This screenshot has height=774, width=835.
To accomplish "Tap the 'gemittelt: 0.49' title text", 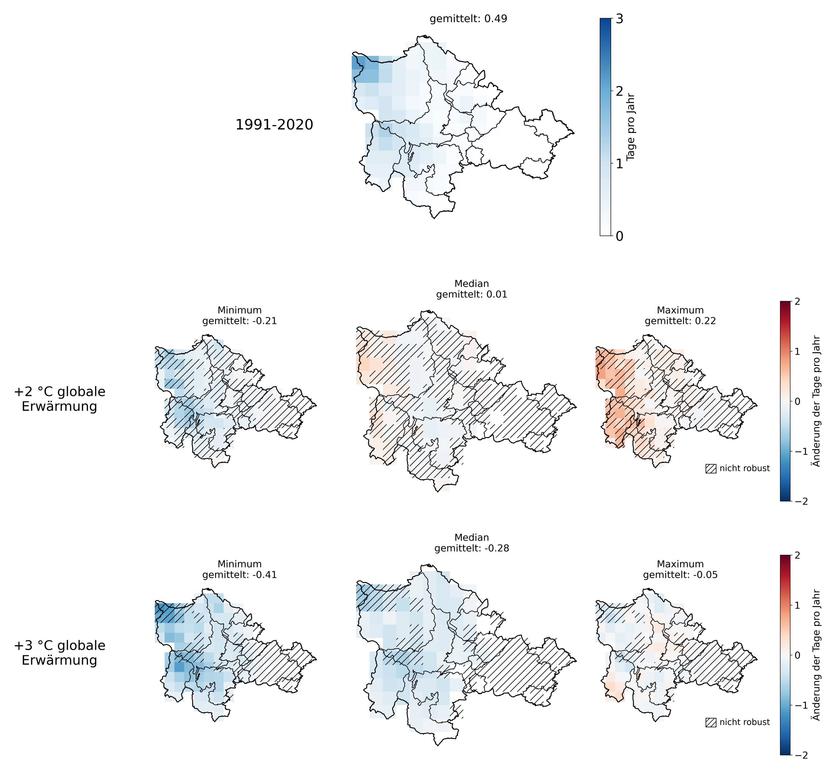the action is click(x=468, y=19).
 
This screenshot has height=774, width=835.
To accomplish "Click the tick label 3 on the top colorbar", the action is click(x=619, y=19).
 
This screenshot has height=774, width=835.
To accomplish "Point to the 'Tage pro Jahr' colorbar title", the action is click(x=631, y=127).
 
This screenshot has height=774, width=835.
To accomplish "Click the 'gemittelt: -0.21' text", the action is click(x=239, y=321).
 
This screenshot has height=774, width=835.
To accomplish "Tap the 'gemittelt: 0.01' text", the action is click(x=472, y=294).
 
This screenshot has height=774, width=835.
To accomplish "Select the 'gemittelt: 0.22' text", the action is click(x=680, y=321).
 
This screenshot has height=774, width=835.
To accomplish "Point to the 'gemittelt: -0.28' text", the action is click(x=472, y=548).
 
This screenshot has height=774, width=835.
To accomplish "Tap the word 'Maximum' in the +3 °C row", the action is click(x=680, y=564).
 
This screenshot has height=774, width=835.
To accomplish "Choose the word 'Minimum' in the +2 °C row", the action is click(x=239, y=310).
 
